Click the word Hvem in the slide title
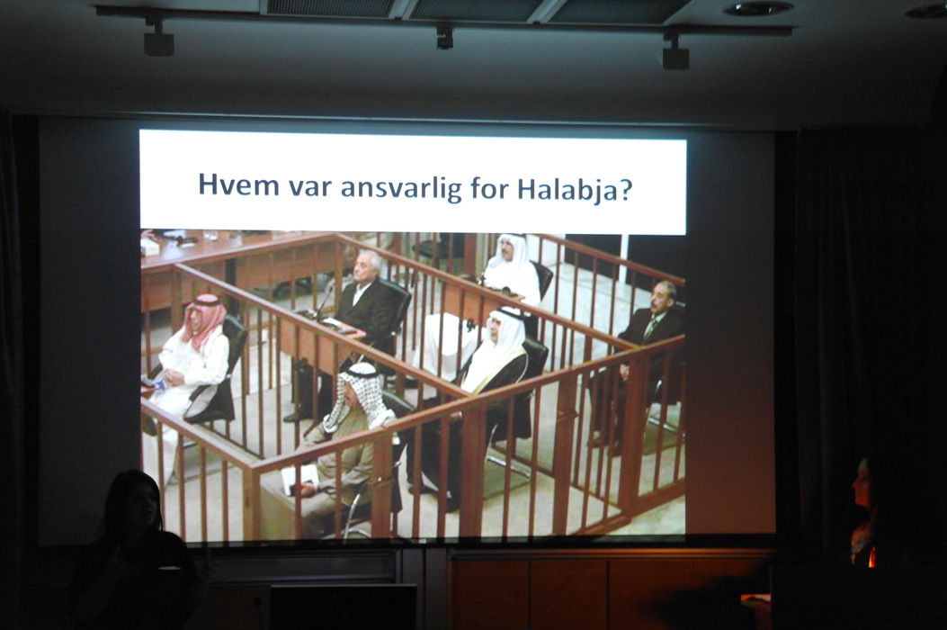click(239, 184)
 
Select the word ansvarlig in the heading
click(401, 187)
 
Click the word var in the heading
click(310, 187)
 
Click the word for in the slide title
click(489, 186)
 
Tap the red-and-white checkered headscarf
click(203, 317)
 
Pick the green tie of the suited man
click(649, 329)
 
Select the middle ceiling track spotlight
click(444, 37)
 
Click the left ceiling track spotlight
click(158, 40)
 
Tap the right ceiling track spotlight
click(675, 53)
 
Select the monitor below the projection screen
click(343, 607)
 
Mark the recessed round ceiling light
click(757, 8)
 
